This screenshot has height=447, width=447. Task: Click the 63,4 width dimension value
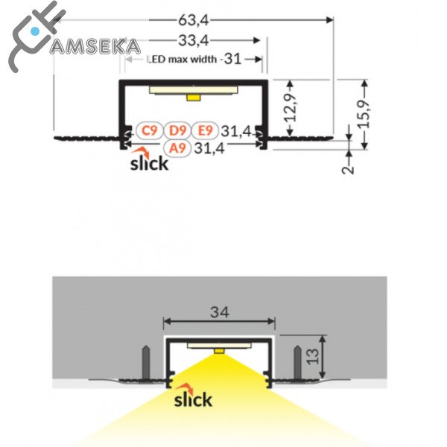pos(194,11)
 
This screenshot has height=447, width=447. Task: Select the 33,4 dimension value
pos(192,39)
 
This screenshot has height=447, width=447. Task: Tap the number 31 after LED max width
pos(232,59)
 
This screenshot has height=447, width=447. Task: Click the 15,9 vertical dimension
pos(364,112)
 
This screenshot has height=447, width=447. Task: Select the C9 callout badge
pos(150,131)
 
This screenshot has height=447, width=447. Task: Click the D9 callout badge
pos(177,131)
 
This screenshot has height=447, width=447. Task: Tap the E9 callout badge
pos(205,131)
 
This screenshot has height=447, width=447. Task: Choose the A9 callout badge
pos(177,148)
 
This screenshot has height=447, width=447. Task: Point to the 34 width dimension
pos(218,313)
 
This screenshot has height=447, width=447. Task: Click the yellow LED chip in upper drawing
pos(194,96)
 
